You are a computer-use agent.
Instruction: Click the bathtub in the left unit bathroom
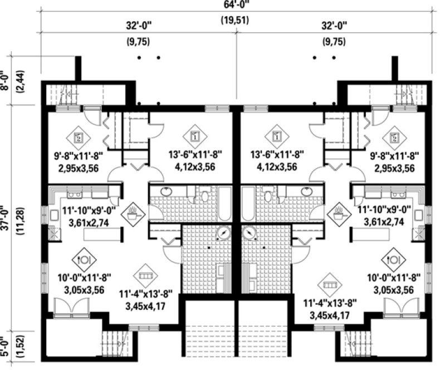222,206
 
